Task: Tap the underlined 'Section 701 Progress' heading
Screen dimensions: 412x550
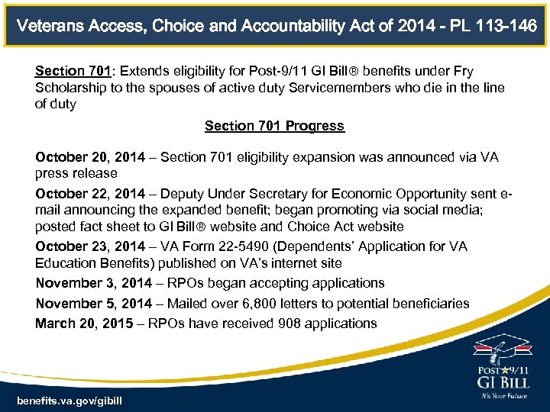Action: [x=274, y=126]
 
